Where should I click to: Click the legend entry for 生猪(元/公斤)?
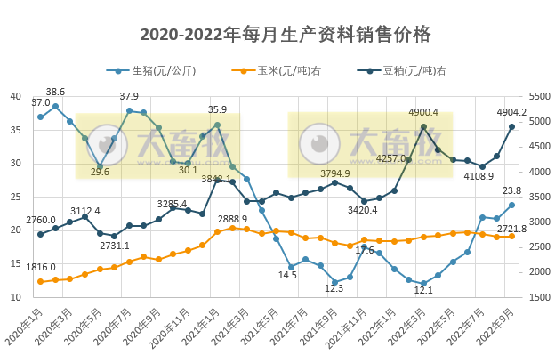coord(157,70)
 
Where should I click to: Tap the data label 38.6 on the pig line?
coord(55,93)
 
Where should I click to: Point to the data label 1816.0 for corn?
coord(41,267)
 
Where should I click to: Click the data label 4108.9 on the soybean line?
coord(477,176)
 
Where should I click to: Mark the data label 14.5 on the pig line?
coord(287,276)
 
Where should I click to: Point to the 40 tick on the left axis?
coord(16,97)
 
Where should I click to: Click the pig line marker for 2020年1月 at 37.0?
coord(40,117)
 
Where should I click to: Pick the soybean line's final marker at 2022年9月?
coord(511,126)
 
